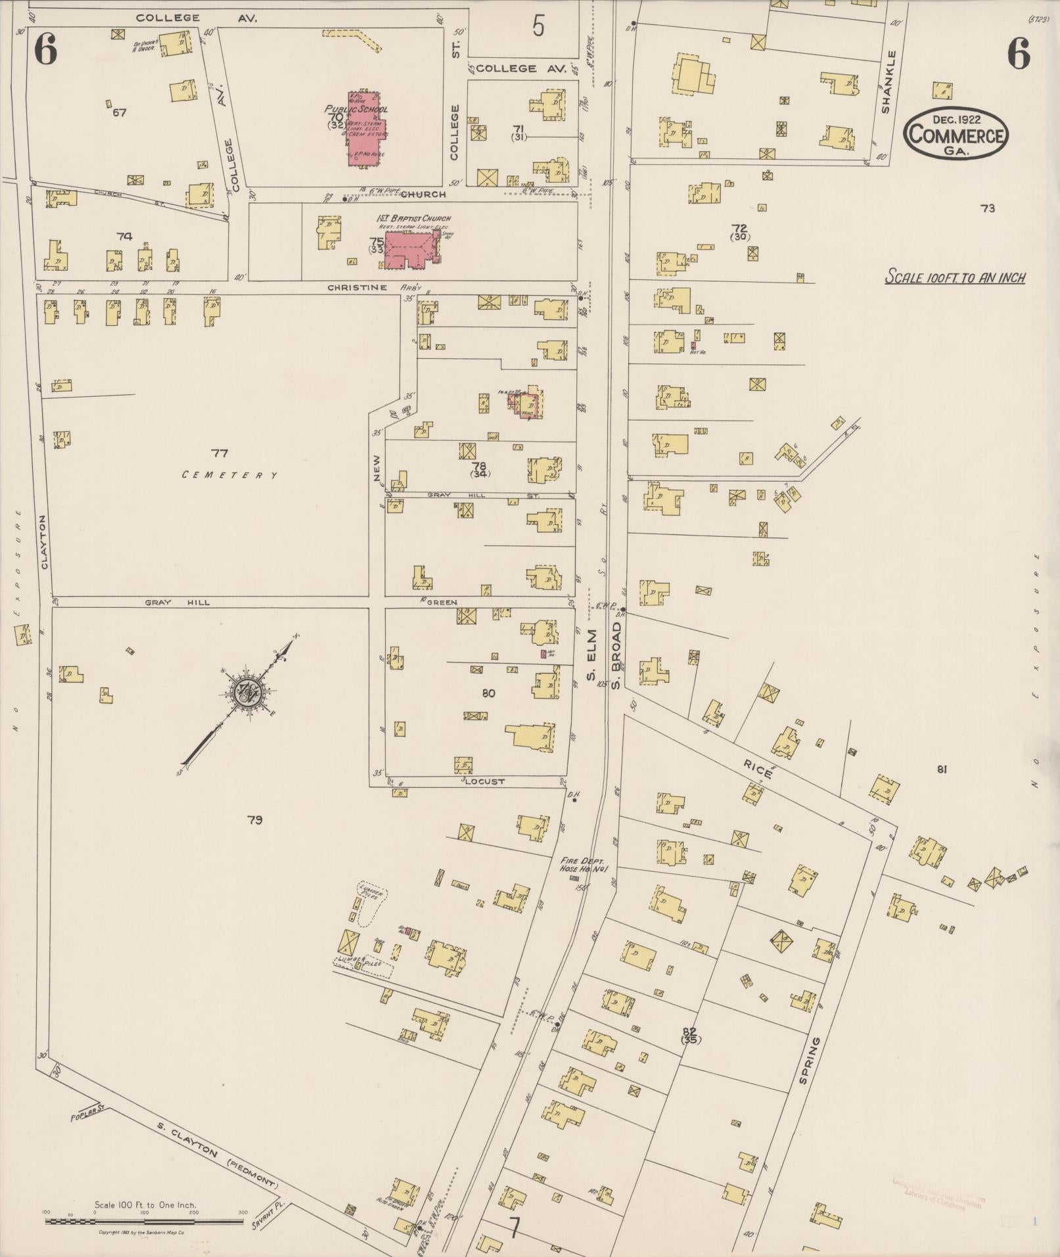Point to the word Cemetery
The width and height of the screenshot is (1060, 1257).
[229, 475]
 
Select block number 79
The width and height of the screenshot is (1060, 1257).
[255, 819]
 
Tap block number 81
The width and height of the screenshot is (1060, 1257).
[941, 769]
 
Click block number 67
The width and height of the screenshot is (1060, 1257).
[119, 112]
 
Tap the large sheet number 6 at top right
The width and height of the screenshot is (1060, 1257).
[1019, 54]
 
